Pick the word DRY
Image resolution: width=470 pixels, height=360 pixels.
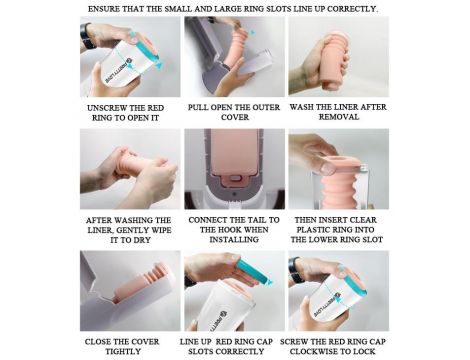[x=143, y=240]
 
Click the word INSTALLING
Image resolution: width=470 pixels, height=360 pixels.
[x=234, y=239]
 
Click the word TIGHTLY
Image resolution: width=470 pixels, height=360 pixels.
[x=123, y=351]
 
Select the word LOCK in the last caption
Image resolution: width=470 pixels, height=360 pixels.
[x=364, y=351]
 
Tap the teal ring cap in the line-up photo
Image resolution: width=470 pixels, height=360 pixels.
[x=254, y=271]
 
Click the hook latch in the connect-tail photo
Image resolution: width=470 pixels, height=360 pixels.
[x=235, y=178]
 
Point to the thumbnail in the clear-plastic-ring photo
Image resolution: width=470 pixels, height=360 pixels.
[x=328, y=167]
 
